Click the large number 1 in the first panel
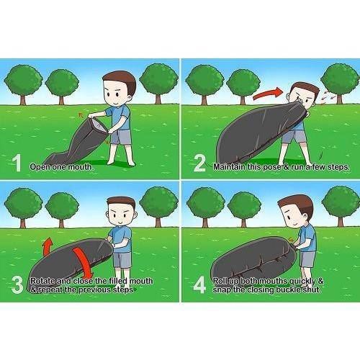[17, 163]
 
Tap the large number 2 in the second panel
[199, 163]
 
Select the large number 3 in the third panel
[17, 285]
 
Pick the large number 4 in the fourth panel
[199, 285]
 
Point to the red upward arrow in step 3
[48, 247]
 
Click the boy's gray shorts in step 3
[122, 260]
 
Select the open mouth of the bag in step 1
[99, 125]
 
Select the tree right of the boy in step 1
[158, 83]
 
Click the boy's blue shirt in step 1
[120, 118]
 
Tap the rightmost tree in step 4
[341, 205]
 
